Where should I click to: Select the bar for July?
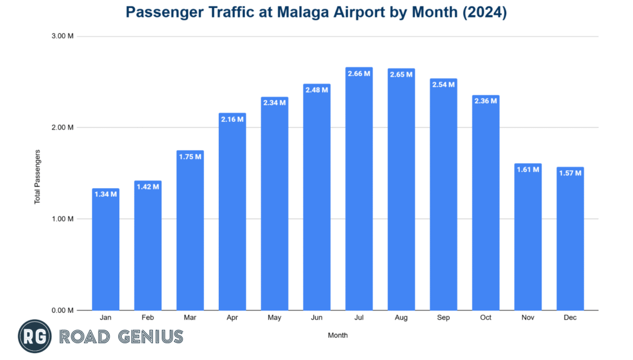point(359,192)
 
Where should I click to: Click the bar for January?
point(106,251)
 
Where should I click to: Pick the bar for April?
point(232,213)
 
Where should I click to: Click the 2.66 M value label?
point(359,74)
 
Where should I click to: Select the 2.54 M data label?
point(443,85)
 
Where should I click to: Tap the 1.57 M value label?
point(569,173)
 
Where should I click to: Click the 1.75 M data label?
point(190,156)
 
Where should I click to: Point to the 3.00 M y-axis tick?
point(62,36)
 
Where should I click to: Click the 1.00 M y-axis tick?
point(62,219)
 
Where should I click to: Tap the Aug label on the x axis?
point(401,318)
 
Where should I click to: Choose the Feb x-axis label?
point(148,318)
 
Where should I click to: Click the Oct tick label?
point(485,318)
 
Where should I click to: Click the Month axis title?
point(338,336)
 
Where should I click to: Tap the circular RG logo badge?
point(34,336)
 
